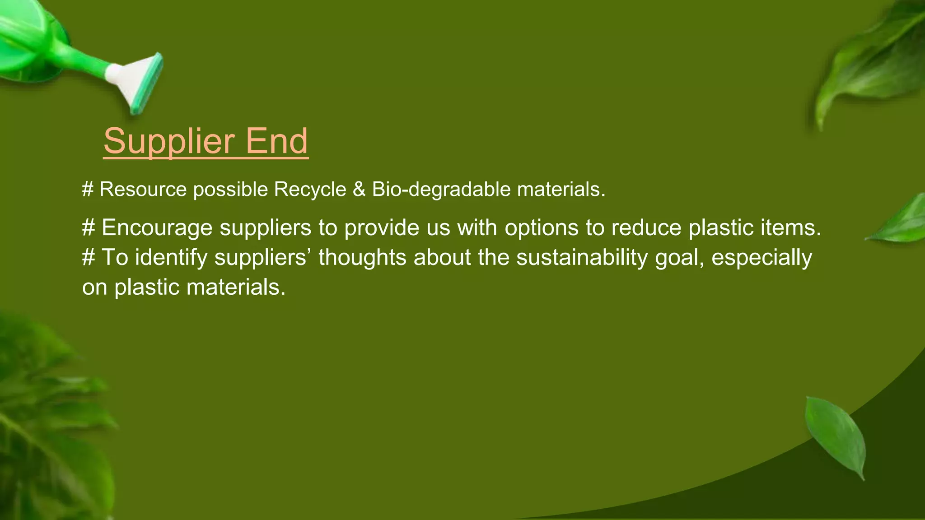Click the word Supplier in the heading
tap(168, 142)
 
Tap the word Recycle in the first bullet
tap(310, 189)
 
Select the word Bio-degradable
tap(441, 189)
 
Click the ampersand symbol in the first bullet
tap(359, 189)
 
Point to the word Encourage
tap(157, 227)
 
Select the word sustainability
tap(582, 258)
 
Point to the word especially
tap(761, 258)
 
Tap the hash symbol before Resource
tap(88, 189)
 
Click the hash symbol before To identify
tap(89, 258)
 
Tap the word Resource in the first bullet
tap(143, 189)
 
